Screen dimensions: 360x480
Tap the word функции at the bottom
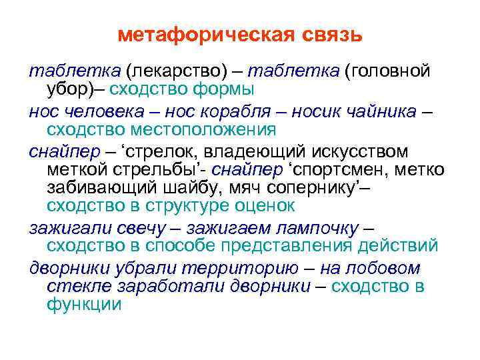coord(84,305)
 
